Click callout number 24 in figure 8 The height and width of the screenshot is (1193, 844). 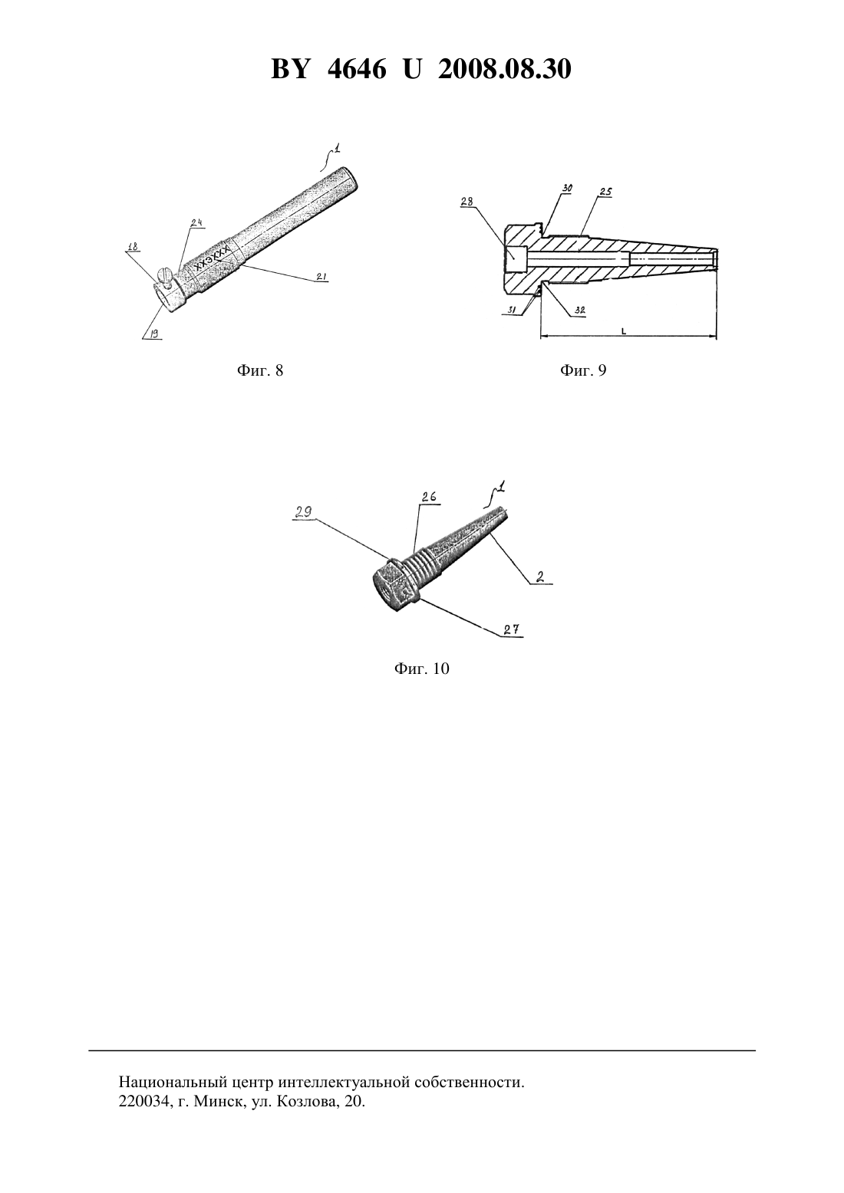click(197, 222)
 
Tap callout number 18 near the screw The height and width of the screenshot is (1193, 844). click(133, 247)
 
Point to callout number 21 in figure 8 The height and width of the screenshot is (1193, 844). click(321, 277)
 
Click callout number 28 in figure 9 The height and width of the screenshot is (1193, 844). click(467, 202)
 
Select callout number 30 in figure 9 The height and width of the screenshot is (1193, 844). click(567, 188)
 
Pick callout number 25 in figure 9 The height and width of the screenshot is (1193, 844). click(605, 192)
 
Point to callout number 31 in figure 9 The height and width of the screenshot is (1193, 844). click(512, 309)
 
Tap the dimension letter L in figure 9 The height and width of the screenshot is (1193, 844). click(623, 331)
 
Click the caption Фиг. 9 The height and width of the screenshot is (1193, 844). click(583, 370)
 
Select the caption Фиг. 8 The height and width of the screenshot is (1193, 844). click(260, 370)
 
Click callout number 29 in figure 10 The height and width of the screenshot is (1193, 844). click(304, 512)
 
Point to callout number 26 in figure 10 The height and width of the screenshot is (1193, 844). click(429, 497)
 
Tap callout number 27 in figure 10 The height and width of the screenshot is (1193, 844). click(512, 629)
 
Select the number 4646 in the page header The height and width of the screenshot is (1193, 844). click(357, 69)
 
